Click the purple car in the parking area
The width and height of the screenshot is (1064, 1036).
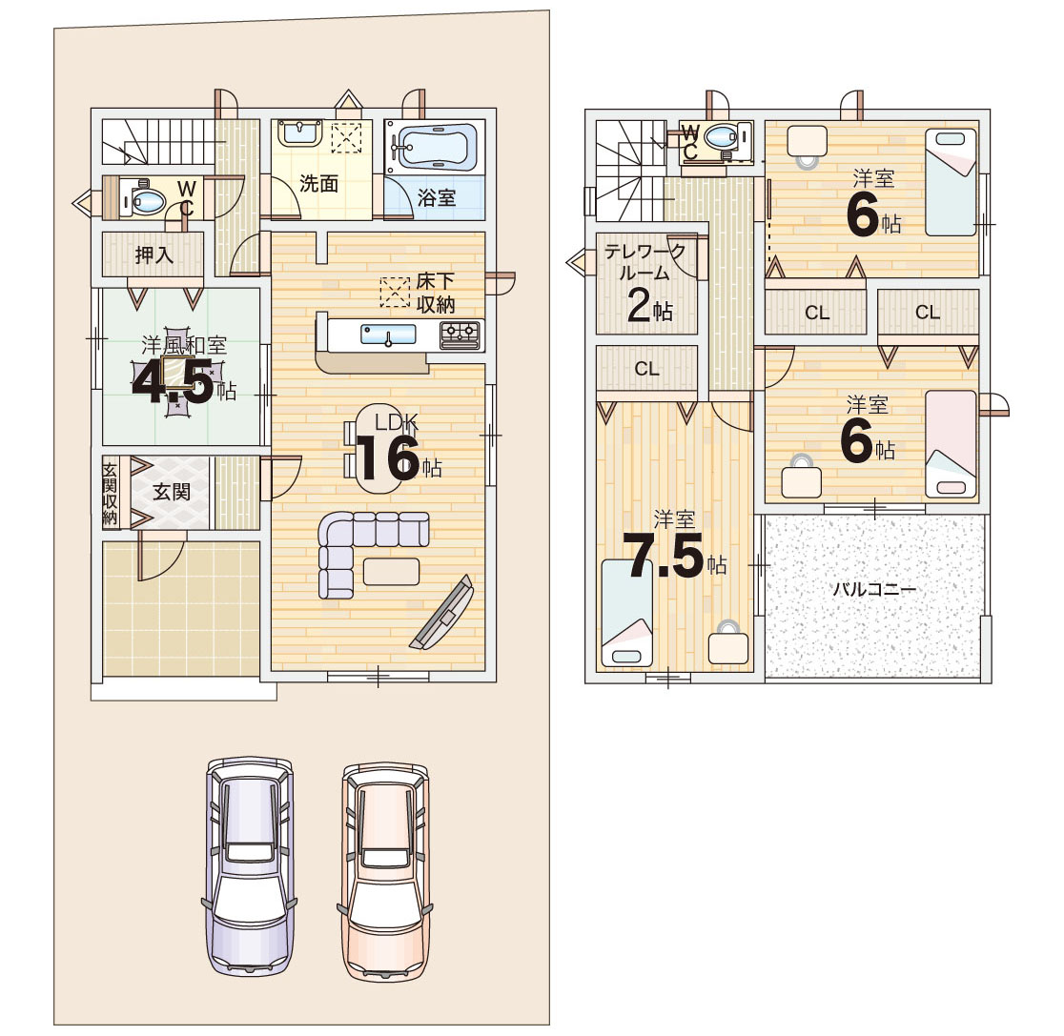point(250,866)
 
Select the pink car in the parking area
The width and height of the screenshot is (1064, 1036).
point(385,872)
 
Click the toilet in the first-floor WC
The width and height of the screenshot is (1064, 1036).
point(144,200)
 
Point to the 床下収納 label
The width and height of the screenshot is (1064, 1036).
point(436,293)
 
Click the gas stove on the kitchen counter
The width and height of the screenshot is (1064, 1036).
point(460,335)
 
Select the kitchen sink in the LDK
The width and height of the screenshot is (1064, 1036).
point(388,335)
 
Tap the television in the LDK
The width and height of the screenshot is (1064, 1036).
point(442,613)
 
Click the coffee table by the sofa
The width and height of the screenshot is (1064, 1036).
point(391,571)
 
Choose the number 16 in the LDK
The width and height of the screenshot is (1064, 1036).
point(387,458)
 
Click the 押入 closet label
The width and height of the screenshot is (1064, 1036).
point(154,255)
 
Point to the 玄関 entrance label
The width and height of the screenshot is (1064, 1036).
point(171,492)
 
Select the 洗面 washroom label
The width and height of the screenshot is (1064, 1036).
point(319,183)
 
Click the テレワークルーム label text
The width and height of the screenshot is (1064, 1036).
point(645,262)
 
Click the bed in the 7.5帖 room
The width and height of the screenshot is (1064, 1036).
point(627,613)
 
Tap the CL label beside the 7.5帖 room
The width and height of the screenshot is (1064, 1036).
point(646,369)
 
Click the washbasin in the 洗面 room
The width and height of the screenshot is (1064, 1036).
point(299,132)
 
